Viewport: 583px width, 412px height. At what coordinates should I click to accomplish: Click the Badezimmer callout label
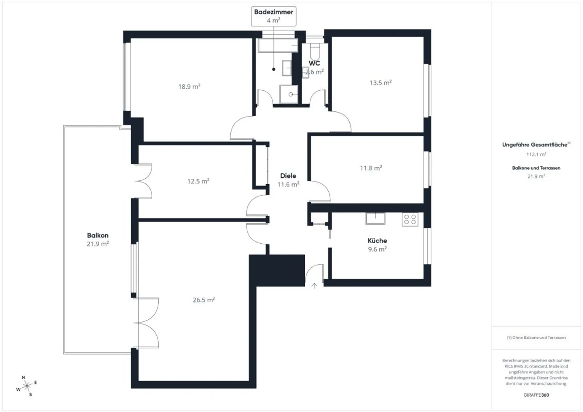tap(273, 12)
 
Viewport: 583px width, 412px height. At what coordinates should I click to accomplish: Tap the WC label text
tap(314, 63)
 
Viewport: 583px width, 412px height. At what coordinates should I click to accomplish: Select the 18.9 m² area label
tap(189, 86)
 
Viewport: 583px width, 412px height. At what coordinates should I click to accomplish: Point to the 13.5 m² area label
tap(380, 83)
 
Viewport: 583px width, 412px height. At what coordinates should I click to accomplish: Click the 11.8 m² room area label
tap(371, 168)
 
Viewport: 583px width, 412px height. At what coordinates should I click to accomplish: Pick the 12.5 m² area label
tap(198, 181)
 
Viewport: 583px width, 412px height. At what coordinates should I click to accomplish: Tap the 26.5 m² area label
tap(204, 300)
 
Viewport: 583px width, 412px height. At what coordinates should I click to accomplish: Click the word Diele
tap(288, 176)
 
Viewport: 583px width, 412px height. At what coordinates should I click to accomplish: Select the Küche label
tap(377, 240)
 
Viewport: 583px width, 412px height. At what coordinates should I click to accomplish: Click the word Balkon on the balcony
tap(98, 235)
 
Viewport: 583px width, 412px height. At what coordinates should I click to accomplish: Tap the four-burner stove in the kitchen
tap(410, 220)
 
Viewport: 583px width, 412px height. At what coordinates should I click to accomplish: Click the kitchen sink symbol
tap(375, 219)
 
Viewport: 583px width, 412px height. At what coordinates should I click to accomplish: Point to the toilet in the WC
tap(315, 51)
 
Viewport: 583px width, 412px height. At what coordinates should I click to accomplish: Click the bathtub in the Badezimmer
tap(278, 46)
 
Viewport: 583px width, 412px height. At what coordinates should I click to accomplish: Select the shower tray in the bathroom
tap(289, 94)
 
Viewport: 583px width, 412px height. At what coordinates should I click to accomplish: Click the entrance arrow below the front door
tap(314, 286)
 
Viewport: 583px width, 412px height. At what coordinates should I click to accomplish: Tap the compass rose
tap(26, 386)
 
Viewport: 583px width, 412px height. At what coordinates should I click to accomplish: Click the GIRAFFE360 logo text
tap(536, 395)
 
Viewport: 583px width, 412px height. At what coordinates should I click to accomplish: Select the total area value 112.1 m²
tap(536, 154)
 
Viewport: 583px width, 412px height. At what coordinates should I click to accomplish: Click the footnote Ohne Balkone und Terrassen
tap(536, 338)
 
